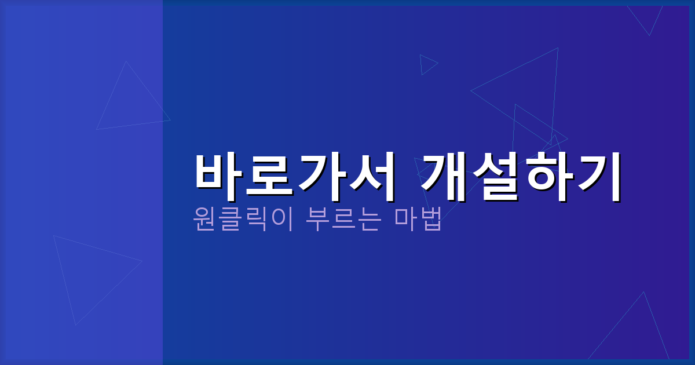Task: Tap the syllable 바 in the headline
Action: point(218,176)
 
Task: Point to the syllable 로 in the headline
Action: point(269,176)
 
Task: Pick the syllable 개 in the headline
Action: point(442,176)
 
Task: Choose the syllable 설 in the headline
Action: point(494,176)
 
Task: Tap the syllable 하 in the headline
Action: point(545,176)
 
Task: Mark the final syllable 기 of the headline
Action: point(597,176)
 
